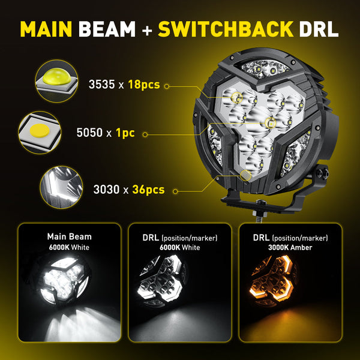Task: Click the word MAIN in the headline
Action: coord(46,29)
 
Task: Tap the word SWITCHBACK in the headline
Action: coord(226,29)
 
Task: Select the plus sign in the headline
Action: coord(147,30)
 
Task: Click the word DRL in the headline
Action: coord(319,29)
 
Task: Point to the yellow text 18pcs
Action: coord(144,85)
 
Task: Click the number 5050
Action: coord(89,133)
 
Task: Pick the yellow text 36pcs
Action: coord(148,190)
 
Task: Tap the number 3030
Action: coord(106,190)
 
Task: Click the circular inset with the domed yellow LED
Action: coord(56,81)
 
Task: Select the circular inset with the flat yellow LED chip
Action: coord(40,133)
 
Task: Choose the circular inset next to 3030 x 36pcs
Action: coord(61,187)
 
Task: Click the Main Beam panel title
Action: coord(70,237)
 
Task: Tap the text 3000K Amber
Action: coord(290,247)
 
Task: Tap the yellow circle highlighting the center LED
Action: coord(270,123)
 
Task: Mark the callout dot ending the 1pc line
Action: coord(145,134)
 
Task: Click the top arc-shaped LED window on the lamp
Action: coord(266,68)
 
